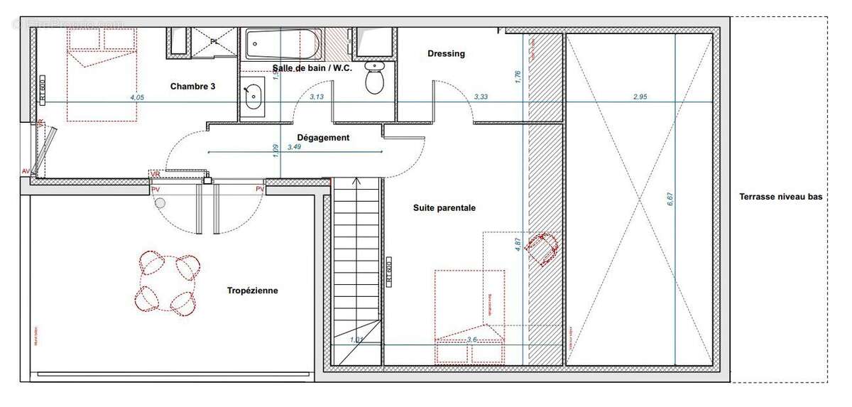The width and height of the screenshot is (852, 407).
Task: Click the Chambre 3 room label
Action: coord(192,86)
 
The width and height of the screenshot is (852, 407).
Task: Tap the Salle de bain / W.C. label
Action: coord(312,68)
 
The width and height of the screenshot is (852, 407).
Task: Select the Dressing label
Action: coord(446,53)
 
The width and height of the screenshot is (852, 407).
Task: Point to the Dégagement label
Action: coord(323,138)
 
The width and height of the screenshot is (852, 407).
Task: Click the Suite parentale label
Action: coord(444,208)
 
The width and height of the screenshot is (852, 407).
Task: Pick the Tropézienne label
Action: coord(252,291)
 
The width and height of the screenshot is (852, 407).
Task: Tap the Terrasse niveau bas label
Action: coord(780,197)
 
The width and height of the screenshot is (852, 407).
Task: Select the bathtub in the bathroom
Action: coord(282,45)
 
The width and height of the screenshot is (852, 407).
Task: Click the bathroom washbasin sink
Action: coord(252,97)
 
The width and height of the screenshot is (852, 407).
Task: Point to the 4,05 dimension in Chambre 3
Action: coord(137,97)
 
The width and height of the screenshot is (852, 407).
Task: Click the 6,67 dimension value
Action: coord(670,200)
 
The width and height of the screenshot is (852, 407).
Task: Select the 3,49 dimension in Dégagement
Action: coord(294,147)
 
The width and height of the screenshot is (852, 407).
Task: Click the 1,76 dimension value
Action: coord(518,77)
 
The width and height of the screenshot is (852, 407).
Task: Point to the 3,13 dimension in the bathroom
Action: coord(317,97)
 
